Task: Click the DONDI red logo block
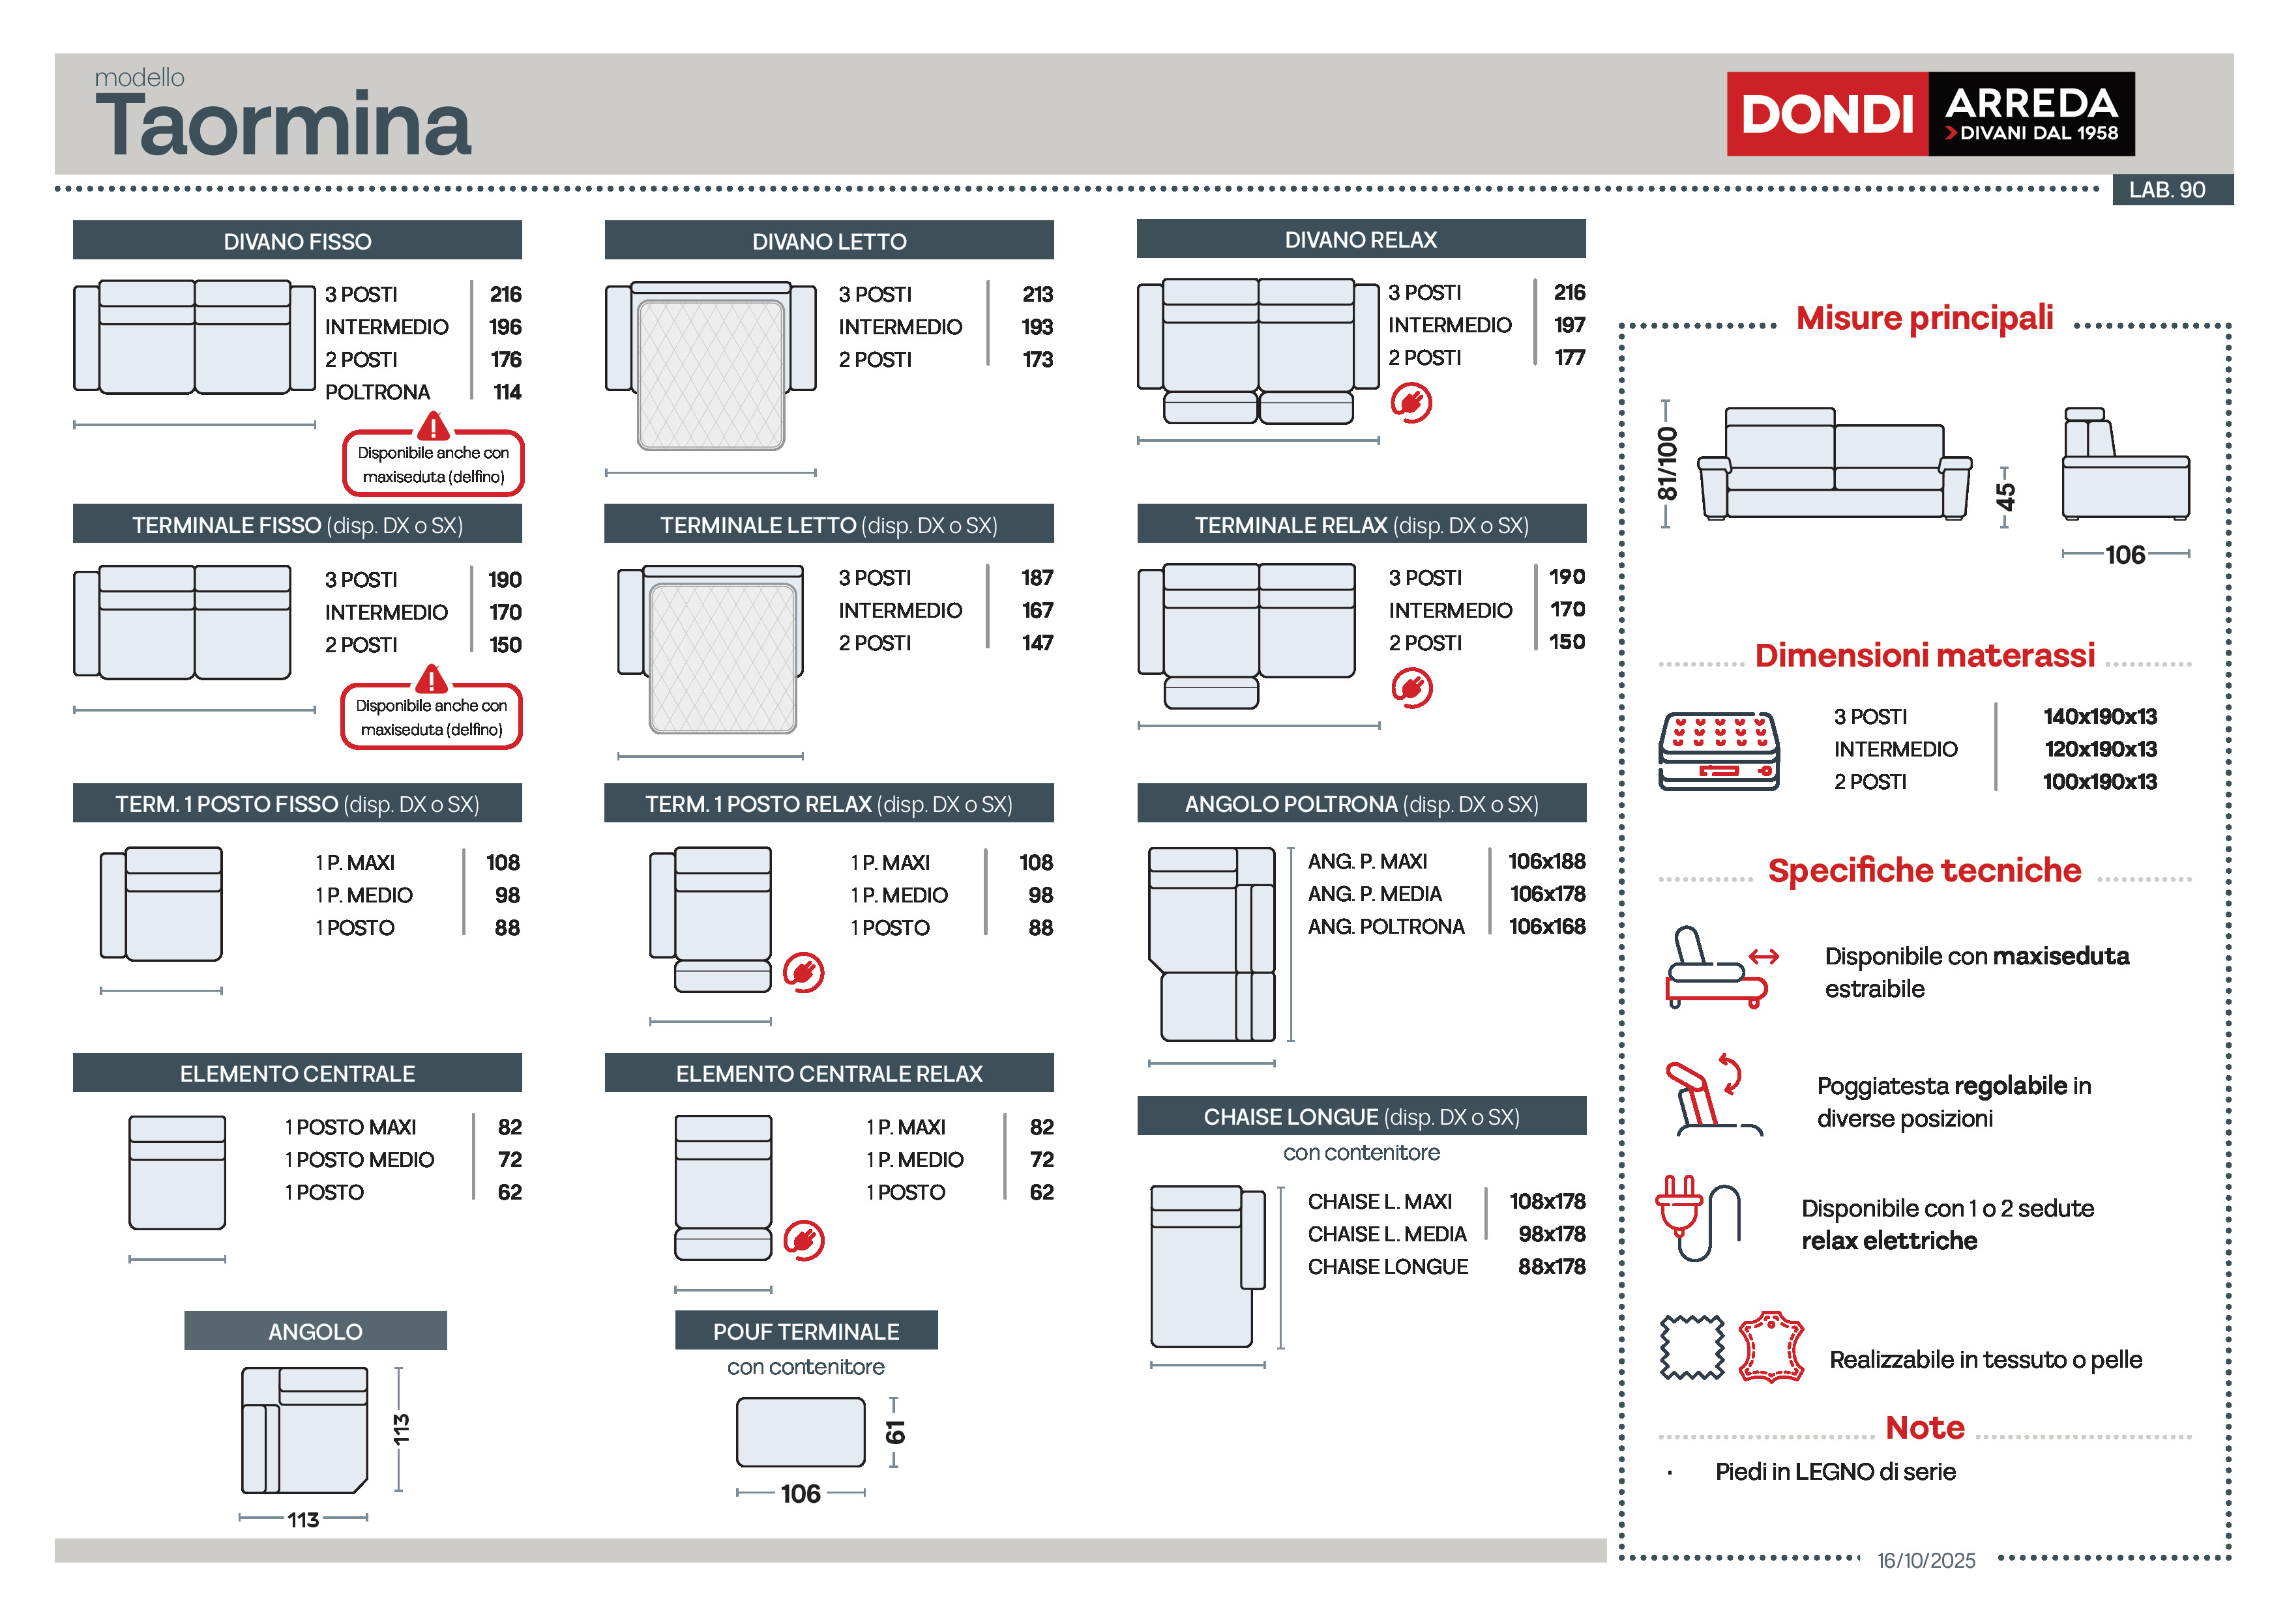1826,113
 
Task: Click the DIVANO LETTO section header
829,241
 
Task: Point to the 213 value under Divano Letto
1037,294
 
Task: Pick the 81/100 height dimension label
1666,464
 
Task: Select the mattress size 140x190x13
2100,716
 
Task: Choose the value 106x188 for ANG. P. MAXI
1546,860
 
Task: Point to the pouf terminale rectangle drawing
800,1431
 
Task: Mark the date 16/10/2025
1925,1560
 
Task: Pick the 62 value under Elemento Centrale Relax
1041,1191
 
